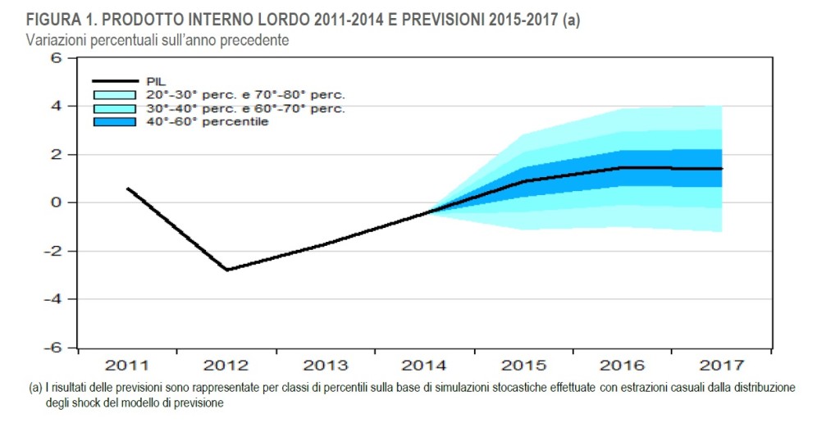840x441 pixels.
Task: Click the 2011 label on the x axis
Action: coord(127,365)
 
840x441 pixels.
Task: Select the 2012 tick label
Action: coord(226,365)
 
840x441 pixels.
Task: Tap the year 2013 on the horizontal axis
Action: coord(326,365)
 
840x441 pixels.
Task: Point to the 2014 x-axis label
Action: coord(424,365)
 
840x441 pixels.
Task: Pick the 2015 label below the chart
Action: coord(523,365)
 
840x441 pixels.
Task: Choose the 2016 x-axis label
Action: coord(623,365)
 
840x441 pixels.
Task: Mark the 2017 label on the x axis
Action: coord(722,365)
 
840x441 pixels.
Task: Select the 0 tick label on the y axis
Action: coord(57,202)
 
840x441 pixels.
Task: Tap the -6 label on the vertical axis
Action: coord(54,348)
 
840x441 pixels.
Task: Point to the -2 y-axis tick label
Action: coord(54,251)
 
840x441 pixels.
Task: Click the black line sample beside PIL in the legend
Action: coord(114,81)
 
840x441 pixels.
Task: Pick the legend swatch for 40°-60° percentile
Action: coord(114,122)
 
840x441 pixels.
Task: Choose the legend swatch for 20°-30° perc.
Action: coord(114,95)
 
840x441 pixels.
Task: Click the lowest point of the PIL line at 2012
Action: coord(226,270)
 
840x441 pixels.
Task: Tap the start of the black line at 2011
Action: coord(128,188)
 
